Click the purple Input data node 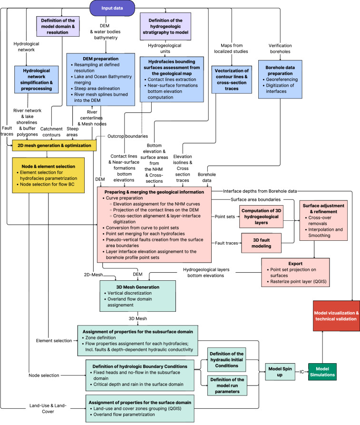click(x=112, y=8)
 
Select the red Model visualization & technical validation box click(x=336, y=316)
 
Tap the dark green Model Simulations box click(x=322, y=372)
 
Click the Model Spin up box click(x=280, y=372)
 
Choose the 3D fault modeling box click(x=261, y=243)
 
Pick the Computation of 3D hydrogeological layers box click(x=261, y=217)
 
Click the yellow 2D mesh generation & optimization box click(x=54, y=146)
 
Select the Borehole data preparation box click(x=280, y=79)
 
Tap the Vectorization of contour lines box click(x=232, y=79)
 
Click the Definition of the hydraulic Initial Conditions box click(x=227, y=360)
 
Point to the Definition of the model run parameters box click(x=227, y=385)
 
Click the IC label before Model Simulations click(x=302, y=372)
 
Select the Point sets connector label click(x=225, y=217)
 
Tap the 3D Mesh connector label click(x=137, y=318)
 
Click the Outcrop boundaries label click(x=127, y=136)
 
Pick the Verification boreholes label click(x=280, y=49)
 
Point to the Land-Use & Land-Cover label click(x=48, y=408)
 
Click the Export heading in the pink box click(x=295, y=264)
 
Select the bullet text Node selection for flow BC click(x=47, y=184)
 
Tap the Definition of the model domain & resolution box click(x=58, y=26)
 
